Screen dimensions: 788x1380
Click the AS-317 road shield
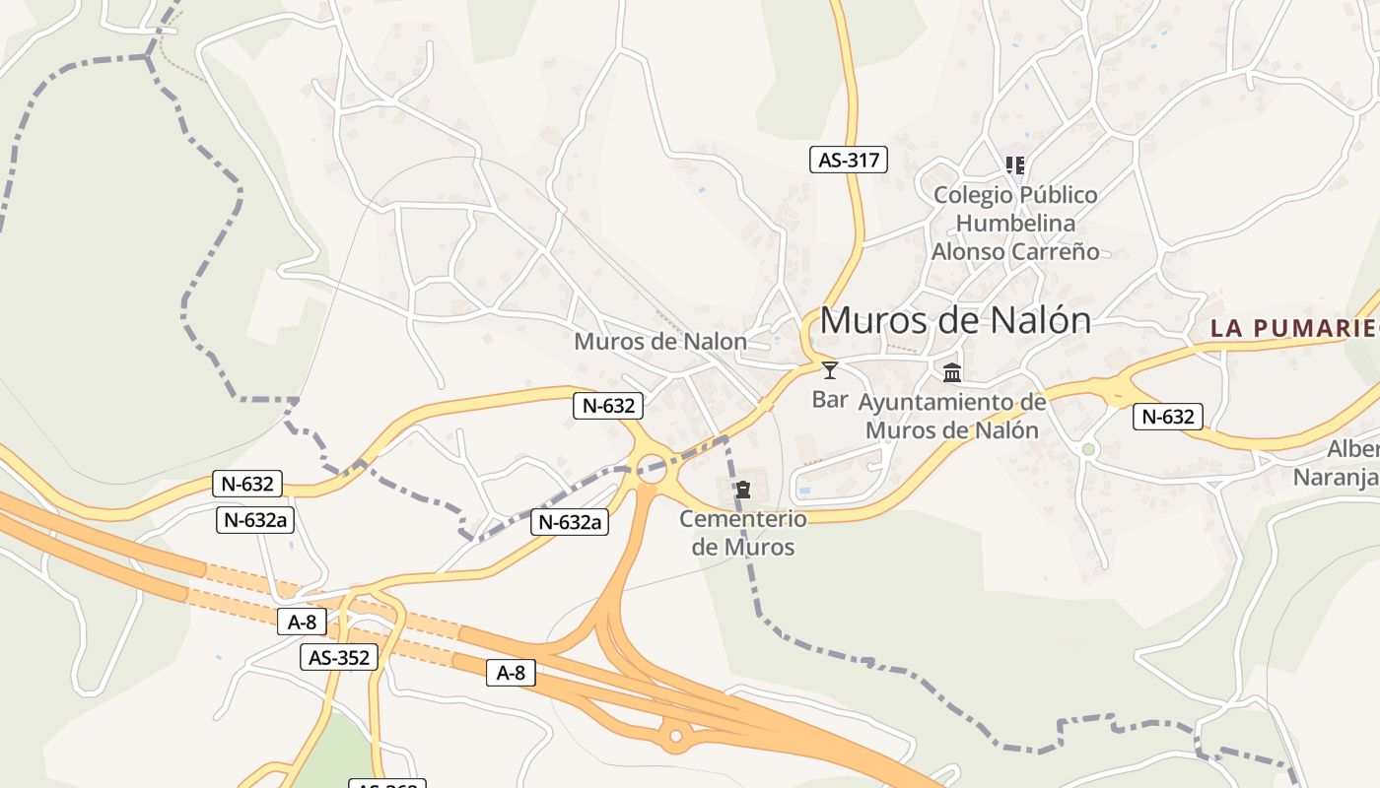[x=849, y=160]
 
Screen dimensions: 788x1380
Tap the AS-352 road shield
[x=339, y=657]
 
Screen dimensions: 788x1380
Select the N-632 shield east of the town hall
[x=1167, y=417]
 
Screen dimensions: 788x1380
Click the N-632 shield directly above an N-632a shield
[x=247, y=484]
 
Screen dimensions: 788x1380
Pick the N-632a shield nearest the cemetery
[x=569, y=522]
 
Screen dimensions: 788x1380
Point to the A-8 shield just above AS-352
[x=302, y=622]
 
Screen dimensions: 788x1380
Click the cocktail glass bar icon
[x=830, y=370]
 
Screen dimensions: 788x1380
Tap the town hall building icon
[x=951, y=372]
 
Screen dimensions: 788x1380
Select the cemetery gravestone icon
[x=743, y=489]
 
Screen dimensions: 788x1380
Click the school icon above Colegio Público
[x=1014, y=164]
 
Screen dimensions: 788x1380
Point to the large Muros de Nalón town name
[x=955, y=320]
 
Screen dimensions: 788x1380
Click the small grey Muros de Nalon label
[x=659, y=342]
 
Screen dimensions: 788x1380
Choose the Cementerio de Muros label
[x=743, y=532]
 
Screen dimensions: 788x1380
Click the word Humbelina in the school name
[x=1015, y=223]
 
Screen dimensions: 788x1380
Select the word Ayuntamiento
[x=937, y=402]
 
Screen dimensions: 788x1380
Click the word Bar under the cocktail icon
[x=830, y=399]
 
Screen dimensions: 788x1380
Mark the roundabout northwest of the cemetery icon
[x=652, y=468]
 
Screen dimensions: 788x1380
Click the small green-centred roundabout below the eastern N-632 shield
[x=1088, y=449]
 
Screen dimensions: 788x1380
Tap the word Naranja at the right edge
[x=1336, y=478]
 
